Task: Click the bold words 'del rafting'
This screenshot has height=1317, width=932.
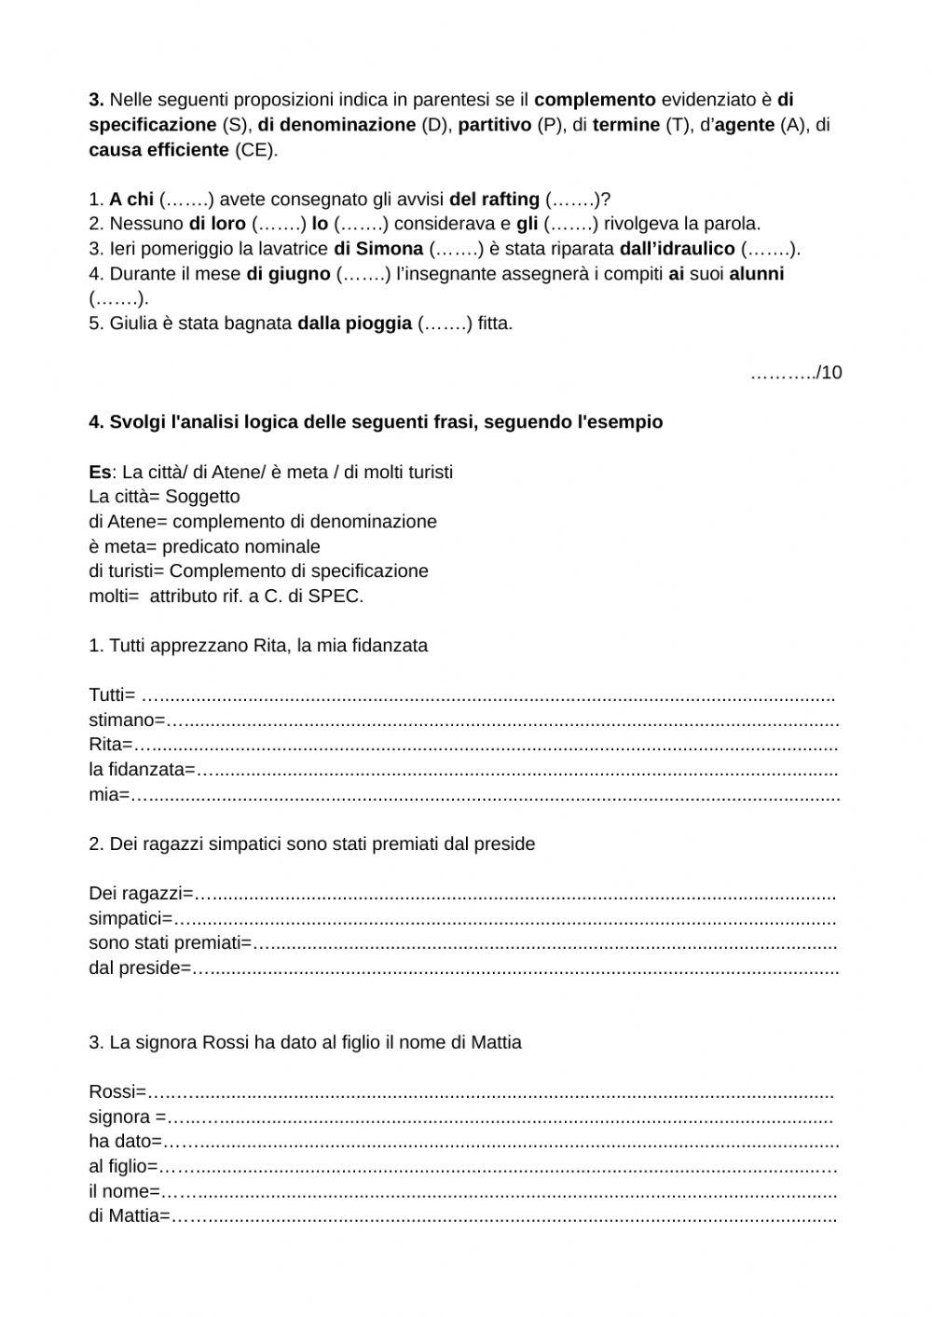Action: pyautogui.click(x=494, y=199)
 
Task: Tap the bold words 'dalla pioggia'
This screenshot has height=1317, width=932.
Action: pyautogui.click(x=354, y=323)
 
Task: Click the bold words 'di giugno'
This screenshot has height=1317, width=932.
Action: pyautogui.click(x=288, y=274)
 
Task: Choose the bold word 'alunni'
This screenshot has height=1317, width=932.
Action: pyautogui.click(x=756, y=274)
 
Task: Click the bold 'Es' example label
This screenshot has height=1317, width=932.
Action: pyautogui.click(x=100, y=472)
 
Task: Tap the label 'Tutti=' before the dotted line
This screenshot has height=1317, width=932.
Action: pyautogui.click(x=112, y=695)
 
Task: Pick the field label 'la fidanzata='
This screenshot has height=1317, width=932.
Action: pyautogui.click(x=143, y=770)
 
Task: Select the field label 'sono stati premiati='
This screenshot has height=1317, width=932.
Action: pyautogui.click(x=171, y=943)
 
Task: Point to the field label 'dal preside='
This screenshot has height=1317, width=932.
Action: pyautogui.click(x=140, y=967)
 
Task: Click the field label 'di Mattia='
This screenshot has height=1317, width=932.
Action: pyautogui.click(x=130, y=1215)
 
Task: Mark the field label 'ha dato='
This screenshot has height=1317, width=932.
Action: pyautogui.click(x=125, y=1142)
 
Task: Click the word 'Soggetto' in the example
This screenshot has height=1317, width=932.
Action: pyautogui.click(x=202, y=497)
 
